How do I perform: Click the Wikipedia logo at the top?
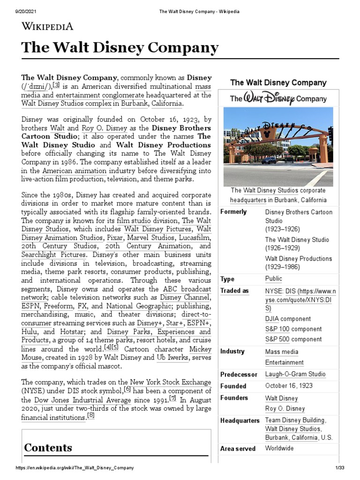pyautogui.click(x=48, y=26)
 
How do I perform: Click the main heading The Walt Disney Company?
pyautogui.click(x=120, y=48)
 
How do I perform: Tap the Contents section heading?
pyautogui.click(x=48, y=448)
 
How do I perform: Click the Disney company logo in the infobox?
pyautogui.click(x=278, y=98)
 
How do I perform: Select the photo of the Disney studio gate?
pyautogui.click(x=278, y=146)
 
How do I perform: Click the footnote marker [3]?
pyautogui.click(x=56, y=85)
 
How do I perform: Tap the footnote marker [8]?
pyautogui.click(x=91, y=415)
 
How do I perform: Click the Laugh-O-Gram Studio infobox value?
pyautogui.click(x=295, y=374)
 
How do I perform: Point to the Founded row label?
pyautogui.click(x=233, y=386)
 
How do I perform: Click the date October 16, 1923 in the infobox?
pyautogui.click(x=289, y=386)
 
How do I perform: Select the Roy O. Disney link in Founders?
pyautogui.click(x=285, y=408)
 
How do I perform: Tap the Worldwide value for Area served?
pyautogui.click(x=279, y=449)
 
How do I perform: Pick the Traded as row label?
pyautogui.click(x=234, y=291)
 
